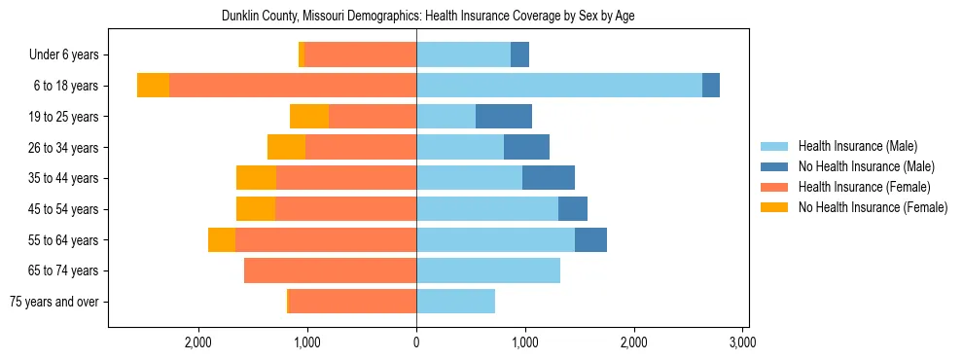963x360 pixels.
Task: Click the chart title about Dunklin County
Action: (428, 17)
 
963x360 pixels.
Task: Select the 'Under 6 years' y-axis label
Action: (69, 54)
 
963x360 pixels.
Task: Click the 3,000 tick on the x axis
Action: (742, 342)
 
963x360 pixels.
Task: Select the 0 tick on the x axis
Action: (416, 342)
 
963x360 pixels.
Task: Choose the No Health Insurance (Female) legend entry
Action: (873, 207)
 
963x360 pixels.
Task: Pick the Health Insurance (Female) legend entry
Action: (865, 187)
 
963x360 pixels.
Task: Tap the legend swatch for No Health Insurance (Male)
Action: (775, 166)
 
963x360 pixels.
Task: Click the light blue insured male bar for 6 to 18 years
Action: (559, 86)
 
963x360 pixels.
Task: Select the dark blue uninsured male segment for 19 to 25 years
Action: (504, 117)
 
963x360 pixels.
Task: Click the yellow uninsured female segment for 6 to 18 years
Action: (153, 86)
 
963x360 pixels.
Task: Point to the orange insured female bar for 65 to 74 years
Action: (331, 270)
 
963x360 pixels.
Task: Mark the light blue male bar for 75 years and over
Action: (455, 302)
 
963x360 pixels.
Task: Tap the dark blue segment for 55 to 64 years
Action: (590, 239)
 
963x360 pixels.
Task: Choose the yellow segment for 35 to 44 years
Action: (256, 178)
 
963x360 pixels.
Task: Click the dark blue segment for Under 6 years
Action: (519, 54)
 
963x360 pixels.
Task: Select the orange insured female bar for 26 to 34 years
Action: (361, 147)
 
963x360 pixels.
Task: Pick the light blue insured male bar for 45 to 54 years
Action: (487, 209)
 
